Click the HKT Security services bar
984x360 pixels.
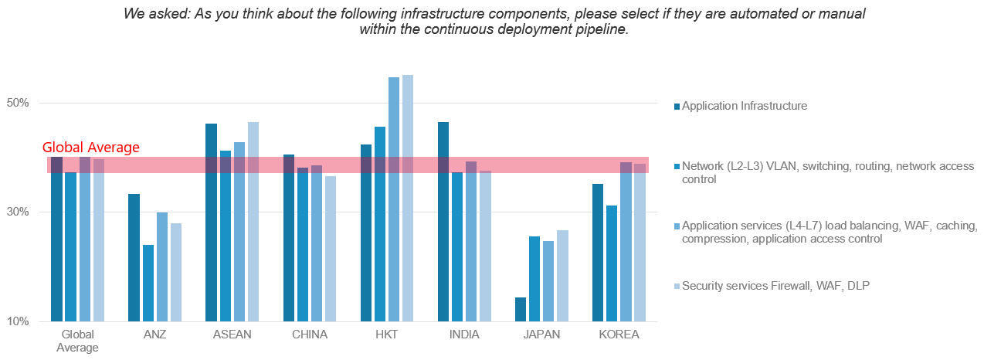408,198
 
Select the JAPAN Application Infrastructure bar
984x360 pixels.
521,309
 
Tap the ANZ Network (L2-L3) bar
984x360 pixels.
148,283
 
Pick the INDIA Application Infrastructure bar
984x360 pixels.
443,221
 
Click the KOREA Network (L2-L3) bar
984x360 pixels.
612,263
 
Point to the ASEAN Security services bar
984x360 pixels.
253,221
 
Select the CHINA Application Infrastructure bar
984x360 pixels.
289,237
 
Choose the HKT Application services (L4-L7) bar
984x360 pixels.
394,199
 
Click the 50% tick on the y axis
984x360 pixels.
18,104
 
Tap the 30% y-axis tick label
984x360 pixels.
18,212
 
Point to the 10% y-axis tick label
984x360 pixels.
18,321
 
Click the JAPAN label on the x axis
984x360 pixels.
541,335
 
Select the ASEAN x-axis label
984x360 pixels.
232,335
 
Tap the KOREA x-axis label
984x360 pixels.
619,335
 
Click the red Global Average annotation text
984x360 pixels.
90,148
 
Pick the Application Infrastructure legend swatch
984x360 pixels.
677,106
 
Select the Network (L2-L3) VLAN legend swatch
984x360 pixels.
677,166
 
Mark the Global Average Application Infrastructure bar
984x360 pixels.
56,239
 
